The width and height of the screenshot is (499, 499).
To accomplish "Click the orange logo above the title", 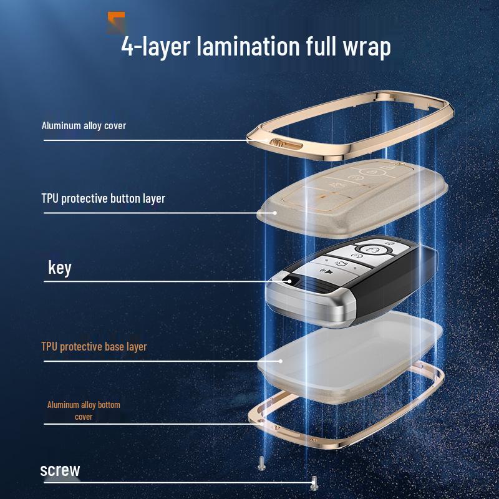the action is pos(116,22).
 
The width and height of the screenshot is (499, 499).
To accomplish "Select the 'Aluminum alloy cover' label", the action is pos(84,126).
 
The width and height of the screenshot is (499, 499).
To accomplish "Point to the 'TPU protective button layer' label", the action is pos(104,198).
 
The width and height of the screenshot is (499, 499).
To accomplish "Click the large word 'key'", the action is pos(60,268).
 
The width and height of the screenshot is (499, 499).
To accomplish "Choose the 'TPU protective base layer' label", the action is pos(94,347).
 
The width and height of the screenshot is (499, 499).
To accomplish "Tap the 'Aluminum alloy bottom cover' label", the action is pos(84,410).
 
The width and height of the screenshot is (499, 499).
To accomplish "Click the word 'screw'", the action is pos(60,470).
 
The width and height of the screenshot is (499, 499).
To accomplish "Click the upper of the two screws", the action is pos(261,463).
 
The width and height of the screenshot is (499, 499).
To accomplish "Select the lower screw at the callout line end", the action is pos(314,482).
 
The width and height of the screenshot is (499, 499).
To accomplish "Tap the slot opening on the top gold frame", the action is pos(287,145).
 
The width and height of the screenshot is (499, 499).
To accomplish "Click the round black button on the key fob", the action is pos(289,281).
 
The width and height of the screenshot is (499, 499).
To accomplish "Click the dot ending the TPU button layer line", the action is pos(275,213).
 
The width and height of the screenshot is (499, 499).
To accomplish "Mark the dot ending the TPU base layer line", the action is pos(280,361).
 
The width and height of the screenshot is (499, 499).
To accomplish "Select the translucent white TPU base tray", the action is pos(350,356).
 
